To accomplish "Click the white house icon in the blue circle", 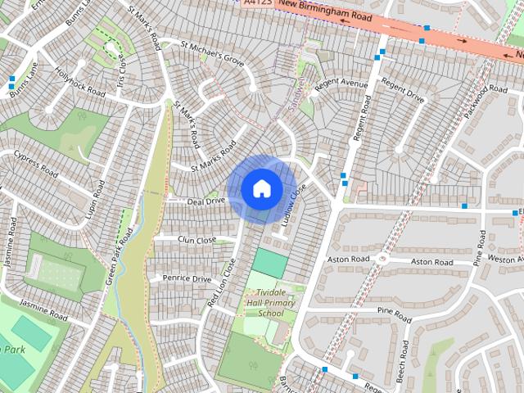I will click(x=261, y=189).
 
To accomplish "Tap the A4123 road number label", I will click(x=257, y=3).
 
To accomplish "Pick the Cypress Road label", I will click(x=34, y=162).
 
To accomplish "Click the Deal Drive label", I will click(x=206, y=201).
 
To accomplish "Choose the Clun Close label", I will click(x=196, y=240).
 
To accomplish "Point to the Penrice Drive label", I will click(x=187, y=278).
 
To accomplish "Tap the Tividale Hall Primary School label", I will click(x=271, y=303).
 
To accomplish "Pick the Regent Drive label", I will click(x=403, y=92).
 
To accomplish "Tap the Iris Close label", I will click(x=121, y=72).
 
